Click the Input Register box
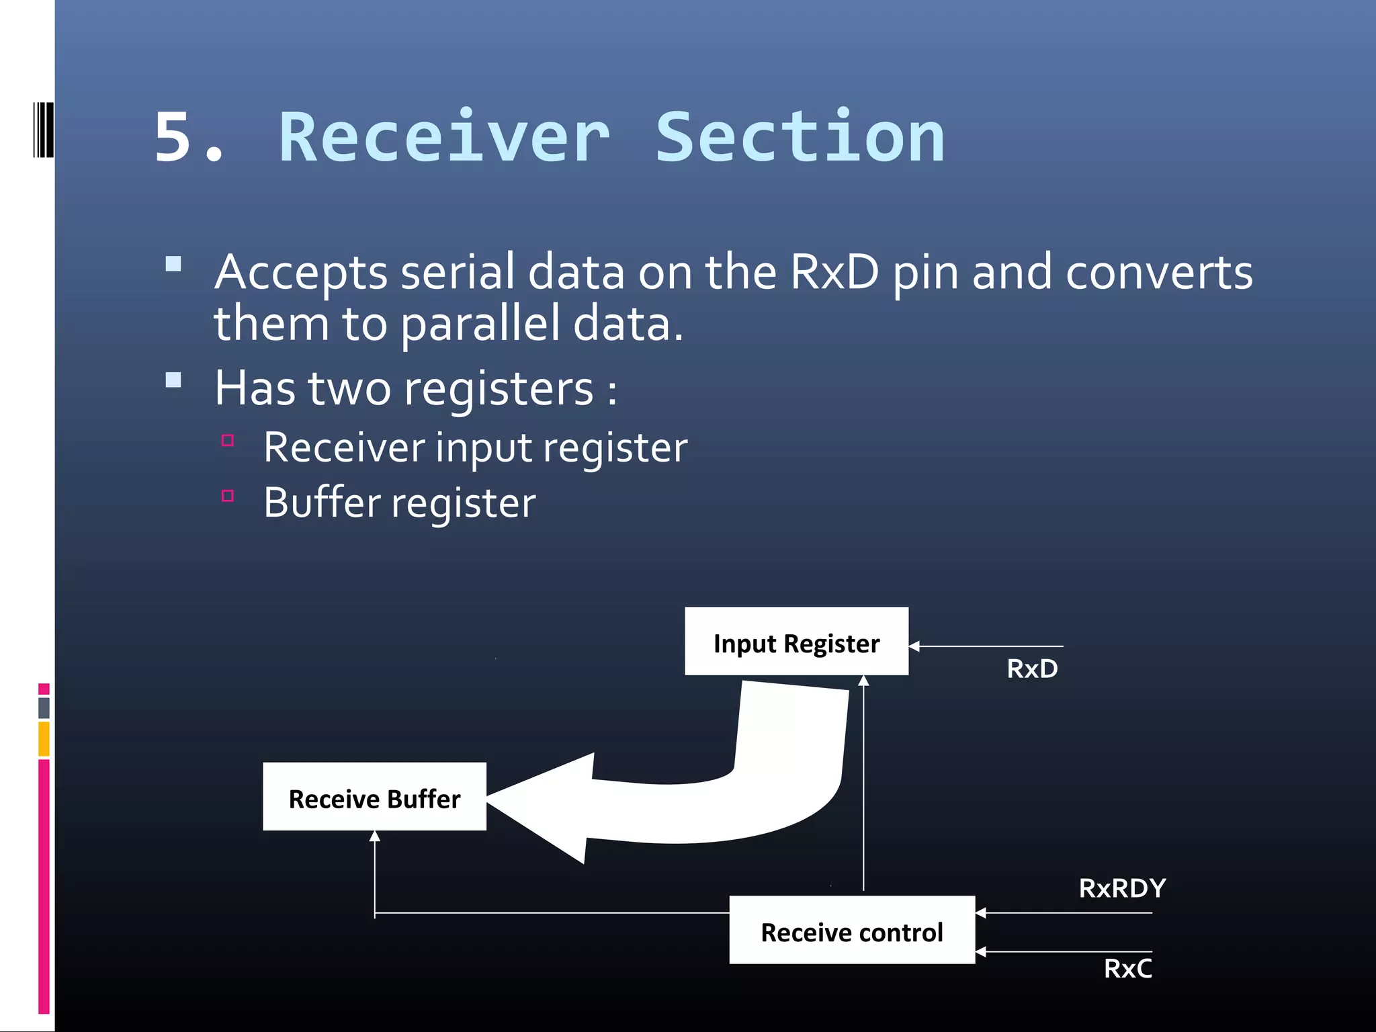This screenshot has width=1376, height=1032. [x=796, y=642]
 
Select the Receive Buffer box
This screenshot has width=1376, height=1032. [x=374, y=797]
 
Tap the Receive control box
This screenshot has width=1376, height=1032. [x=851, y=930]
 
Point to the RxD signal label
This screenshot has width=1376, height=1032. [x=1032, y=669]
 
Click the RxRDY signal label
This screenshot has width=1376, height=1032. [x=1122, y=888]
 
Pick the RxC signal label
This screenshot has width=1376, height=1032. [x=1127, y=969]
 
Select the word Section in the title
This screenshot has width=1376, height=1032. [x=800, y=138]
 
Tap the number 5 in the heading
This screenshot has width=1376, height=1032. [x=173, y=138]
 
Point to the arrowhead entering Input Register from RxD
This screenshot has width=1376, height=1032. [x=914, y=646]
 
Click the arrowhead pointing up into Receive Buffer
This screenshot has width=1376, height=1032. [x=375, y=836]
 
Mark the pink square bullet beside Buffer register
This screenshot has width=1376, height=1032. [x=228, y=497]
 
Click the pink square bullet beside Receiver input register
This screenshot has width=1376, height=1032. [x=228, y=441]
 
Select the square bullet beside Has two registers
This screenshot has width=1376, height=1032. [x=173, y=380]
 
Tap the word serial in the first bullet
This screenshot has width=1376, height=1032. [x=457, y=273]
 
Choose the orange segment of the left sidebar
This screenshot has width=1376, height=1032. [x=44, y=738]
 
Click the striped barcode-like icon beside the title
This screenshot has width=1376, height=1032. [x=43, y=130]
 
